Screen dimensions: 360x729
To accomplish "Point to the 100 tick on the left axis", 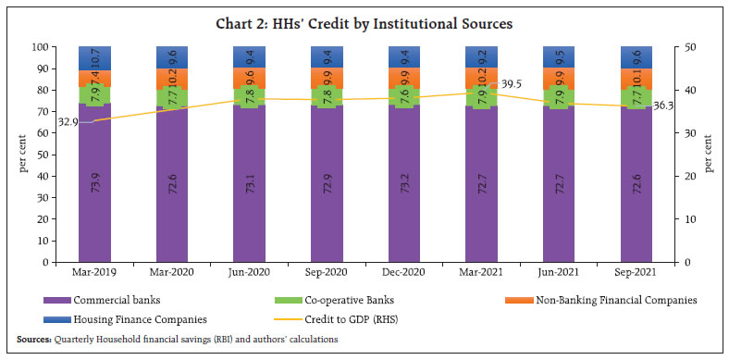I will coord(40,47).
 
